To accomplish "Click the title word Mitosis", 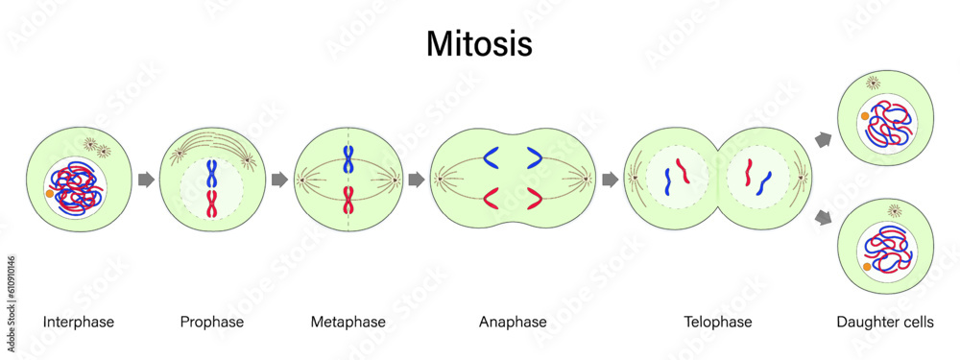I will (479, 44).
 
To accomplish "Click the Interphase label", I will (79, 323).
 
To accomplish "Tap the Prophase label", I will (212, 323).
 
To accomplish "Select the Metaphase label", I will (348, 323).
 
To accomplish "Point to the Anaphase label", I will (513, 323).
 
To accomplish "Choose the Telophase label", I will (718, 323).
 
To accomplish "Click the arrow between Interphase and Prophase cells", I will (146, 179).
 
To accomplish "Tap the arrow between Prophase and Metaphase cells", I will (279, 179).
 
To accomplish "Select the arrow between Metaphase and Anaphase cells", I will (417, 179).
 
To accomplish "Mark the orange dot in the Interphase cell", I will (50, 195).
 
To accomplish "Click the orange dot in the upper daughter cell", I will (866, 116).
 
